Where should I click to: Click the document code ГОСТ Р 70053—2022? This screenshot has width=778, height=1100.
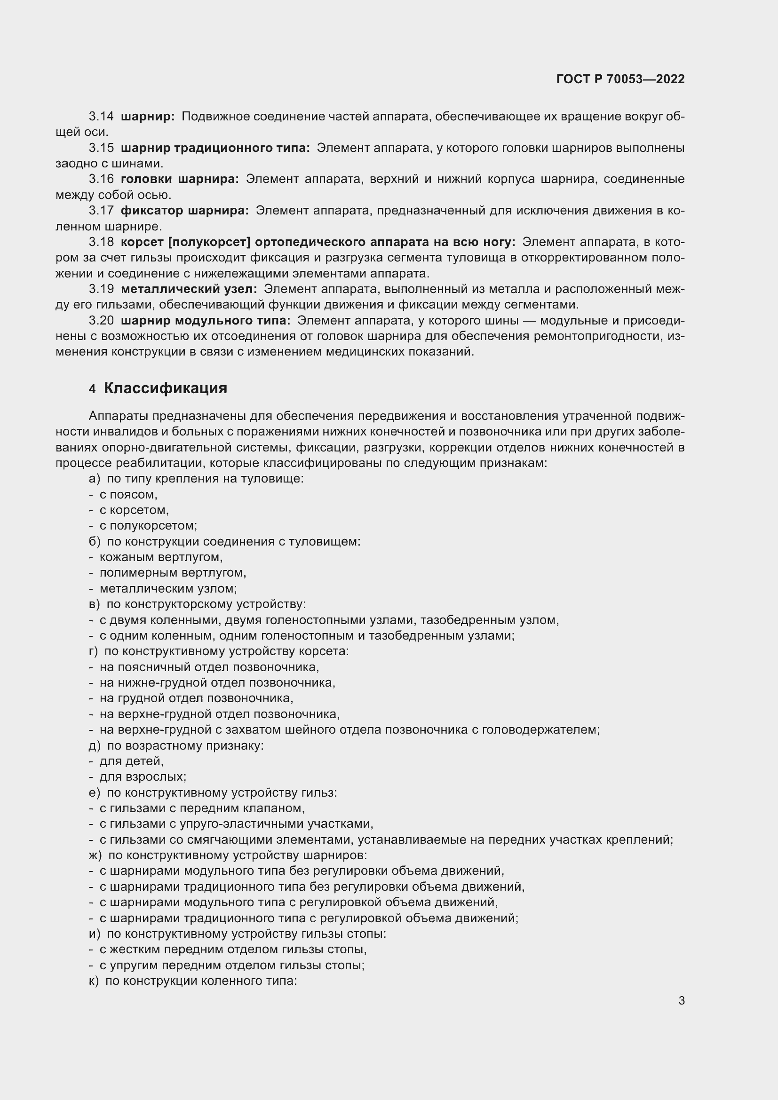point(620,79)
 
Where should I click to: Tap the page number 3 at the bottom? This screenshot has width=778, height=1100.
point(681,1001)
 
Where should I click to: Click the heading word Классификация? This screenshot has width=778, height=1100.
point(165,388)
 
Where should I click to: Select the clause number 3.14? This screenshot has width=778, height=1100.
point(101,117)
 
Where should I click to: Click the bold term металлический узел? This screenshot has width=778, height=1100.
point(189,289)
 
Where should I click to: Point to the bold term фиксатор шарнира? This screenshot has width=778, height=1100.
point(184,210)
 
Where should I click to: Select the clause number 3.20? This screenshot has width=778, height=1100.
point(101,321)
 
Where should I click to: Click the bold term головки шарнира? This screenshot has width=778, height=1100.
point(180,179)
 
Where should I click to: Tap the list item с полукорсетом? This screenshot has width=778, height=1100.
point(148,526)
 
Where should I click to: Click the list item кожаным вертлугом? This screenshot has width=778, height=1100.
point(161,557)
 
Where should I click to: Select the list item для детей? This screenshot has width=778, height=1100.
point(131,761)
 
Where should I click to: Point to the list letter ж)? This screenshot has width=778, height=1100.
point(95,855)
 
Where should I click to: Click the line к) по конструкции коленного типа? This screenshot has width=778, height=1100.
point(193,981)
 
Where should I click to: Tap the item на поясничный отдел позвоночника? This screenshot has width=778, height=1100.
point(209,667)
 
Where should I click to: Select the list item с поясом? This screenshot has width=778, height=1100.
point(128,494)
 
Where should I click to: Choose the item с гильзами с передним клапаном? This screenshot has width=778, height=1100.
point(202,808)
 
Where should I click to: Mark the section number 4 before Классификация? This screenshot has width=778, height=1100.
point(92,389)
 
